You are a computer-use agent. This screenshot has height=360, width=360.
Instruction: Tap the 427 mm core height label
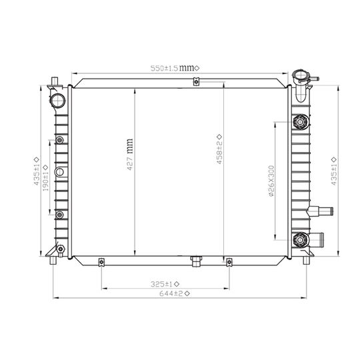click(x=130, y=154)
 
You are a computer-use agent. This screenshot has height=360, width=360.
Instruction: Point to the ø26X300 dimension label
click(x=271, y=181)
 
